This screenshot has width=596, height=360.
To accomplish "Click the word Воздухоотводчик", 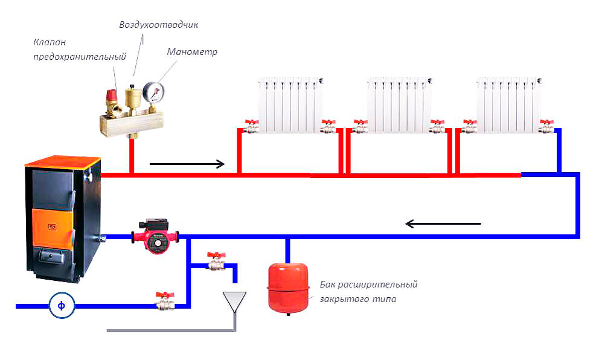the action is coord(158,25).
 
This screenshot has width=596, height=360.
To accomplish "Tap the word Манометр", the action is coord(192,52).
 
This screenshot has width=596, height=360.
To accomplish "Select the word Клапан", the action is coord(50,42).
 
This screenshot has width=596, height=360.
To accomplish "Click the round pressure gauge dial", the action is coord(153,92).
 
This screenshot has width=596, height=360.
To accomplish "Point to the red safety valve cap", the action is coord(112,94).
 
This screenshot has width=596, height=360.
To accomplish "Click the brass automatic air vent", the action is coord(132,100).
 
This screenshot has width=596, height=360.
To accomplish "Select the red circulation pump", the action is coord(155,236).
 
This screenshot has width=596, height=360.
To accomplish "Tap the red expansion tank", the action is coord(288,288).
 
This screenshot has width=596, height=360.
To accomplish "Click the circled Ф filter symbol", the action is coord(62,305).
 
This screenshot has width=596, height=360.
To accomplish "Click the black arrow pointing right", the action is coord(187,164).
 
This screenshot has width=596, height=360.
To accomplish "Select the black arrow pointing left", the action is coord(443,223).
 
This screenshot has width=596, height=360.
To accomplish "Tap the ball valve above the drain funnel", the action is coord(216,261).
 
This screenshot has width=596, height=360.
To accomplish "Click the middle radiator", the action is coord(399,105).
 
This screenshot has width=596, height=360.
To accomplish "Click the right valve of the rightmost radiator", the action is coord(546,126).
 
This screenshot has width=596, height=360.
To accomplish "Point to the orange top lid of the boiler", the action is coord(63,161).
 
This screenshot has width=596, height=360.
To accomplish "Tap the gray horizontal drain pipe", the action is coord(170,331).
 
